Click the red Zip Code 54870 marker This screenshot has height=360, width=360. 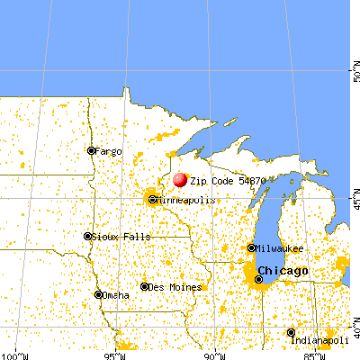(180, 180)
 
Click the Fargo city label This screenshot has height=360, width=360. (108, 150)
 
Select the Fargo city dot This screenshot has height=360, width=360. (91, 150)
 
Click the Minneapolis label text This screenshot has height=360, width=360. (187, 200)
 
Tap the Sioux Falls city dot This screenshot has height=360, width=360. (87, 237)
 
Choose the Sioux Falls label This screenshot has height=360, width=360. (116, 237)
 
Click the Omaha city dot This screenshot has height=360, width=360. (98, 294)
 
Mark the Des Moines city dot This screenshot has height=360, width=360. (145, 287)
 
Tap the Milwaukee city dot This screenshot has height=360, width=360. (250, 247)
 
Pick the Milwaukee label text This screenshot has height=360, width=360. (280, 247)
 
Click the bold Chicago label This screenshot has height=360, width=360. (283, 271)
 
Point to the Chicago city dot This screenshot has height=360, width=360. (259, 279)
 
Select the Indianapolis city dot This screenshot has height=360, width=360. (291, 332)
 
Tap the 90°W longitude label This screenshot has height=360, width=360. (214, 355)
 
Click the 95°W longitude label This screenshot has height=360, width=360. (115, 355)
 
